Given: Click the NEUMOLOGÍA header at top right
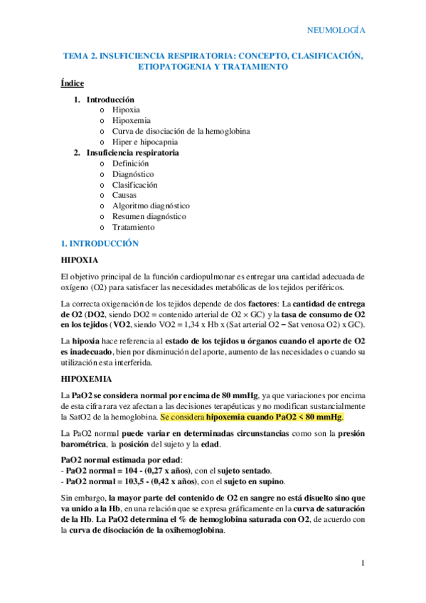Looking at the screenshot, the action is tap(335, 30).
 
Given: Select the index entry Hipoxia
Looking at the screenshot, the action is tap(126, 110).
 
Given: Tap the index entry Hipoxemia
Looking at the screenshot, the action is tap(131, 121).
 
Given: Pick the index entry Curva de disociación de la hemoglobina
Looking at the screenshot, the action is tap(181, 132).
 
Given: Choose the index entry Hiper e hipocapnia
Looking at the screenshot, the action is tap(144, 142).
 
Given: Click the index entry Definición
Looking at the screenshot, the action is tap(130, 164).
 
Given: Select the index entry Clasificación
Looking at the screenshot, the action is tap(134, 185).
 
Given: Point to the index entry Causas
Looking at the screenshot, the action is tap(125, 195).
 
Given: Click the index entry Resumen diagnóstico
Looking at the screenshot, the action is tap(149, 216).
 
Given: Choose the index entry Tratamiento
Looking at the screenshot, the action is tap(133, 227).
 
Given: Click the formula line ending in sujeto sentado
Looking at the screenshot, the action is tap(163, 470).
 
